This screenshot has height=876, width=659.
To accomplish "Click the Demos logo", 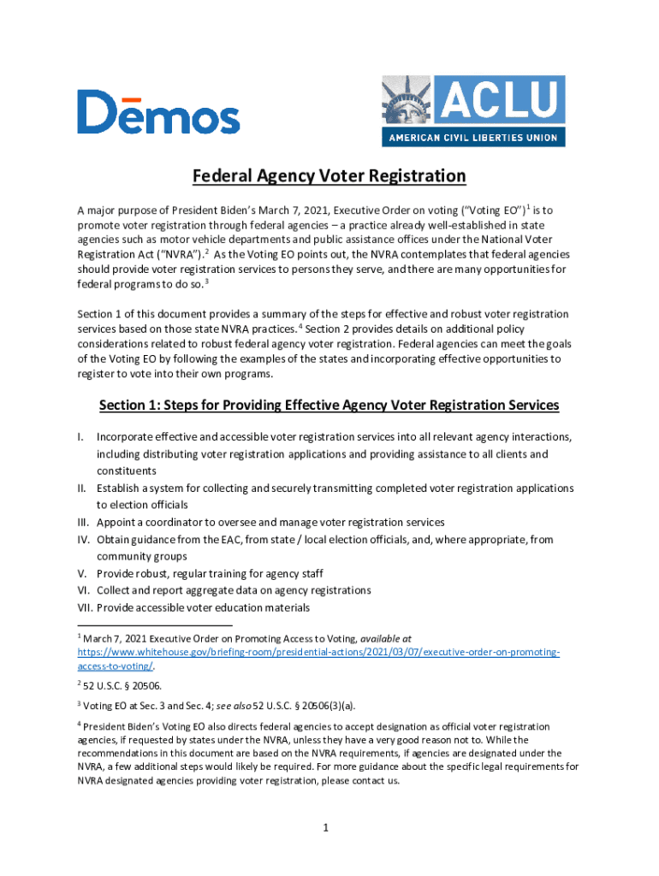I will tap(158, 112).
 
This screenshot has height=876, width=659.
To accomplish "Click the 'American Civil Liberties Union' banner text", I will tap(473, 137).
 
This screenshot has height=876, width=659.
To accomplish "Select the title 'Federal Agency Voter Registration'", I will tap(329, 176).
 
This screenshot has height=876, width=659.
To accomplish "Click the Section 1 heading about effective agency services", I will tap(329, 405).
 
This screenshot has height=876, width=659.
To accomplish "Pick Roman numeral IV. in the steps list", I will tap(85, 540).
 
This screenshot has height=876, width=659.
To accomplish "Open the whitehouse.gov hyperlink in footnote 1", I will tap(318, 652).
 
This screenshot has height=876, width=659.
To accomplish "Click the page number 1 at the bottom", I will tap(327, 827).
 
